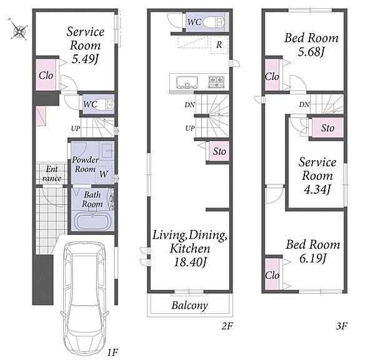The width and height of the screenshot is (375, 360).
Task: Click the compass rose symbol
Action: pyautogui.click(x=18, y=29)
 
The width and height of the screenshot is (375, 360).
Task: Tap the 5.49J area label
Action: pyautogui.click(x=86, y=59)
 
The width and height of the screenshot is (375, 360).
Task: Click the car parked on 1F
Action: pyautogui.click(x=85, y=299)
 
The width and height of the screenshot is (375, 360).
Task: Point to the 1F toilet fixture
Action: pyautogui.click(x=107, y=105)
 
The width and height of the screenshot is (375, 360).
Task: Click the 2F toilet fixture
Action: pyautogui.click(x=214, y=22)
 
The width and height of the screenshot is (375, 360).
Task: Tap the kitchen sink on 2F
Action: pyautogui.click(x=187, y=82)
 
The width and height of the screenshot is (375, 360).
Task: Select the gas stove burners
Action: pyautogui.click(x=216, y=82)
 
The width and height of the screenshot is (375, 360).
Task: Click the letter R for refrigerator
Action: pyautogui.click(x=219, y=44)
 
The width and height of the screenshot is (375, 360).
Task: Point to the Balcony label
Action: pyautogui.click(x=189, y=306)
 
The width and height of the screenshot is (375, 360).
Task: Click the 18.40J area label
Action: pyautogui.click(x=190, y=262)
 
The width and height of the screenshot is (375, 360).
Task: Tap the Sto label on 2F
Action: pyautogui.click(x=219, y=151)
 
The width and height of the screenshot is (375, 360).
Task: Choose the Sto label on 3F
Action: pyautogui.click(x=327, y=128)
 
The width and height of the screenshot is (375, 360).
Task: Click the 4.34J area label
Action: pyautogui.click(x=317, y=189)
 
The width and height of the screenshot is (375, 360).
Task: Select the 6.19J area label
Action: pyautogui.click(x=313, y=259)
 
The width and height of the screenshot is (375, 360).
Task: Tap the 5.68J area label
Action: pyautogui.click(x=311, y=52)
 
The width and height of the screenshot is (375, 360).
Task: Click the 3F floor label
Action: pyautogui.click(x=341, y=326)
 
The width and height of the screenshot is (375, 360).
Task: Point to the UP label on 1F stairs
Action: pyautogui.click(x=76, y=129)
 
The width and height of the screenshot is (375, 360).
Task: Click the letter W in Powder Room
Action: pyautogui.click(x=104, y=174)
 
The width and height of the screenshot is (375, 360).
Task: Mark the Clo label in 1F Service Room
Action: pyautogui.click(x=46, y=76)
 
